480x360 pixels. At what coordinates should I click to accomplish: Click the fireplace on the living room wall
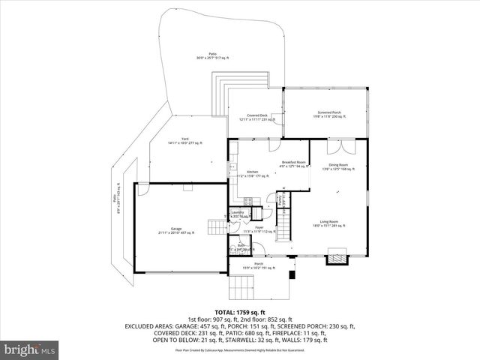[336, 257]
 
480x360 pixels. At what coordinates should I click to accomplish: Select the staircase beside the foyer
[284, 222]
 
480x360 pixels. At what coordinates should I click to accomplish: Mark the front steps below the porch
[243, 287]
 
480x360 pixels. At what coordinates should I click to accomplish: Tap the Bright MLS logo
[29, 349]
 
